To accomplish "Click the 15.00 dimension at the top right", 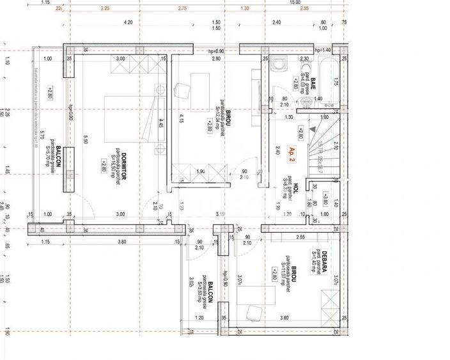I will [295, 3].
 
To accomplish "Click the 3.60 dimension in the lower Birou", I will [284, 318].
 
